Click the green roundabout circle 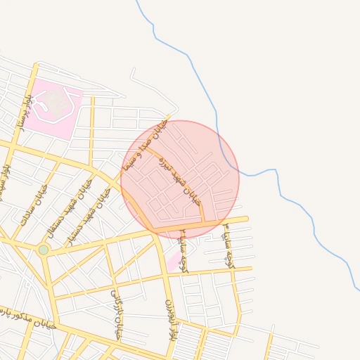44,250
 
